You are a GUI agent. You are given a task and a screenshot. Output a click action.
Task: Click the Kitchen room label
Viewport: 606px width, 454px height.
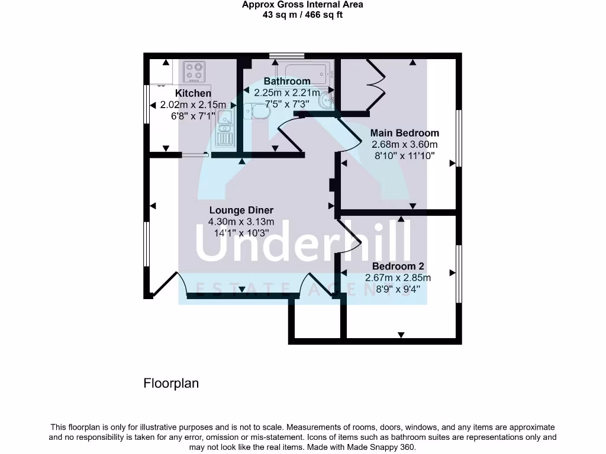[x=193, y=93]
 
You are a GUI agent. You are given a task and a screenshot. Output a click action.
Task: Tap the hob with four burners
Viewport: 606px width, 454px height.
[x=194, y=72]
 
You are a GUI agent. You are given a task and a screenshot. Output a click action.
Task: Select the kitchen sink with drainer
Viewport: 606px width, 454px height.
[x=225, y=131]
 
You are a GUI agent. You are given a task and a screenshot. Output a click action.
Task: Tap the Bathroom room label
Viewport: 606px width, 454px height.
[x=287, y=81]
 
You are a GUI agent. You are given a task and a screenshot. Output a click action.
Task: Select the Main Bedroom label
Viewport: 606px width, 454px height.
[x=404, y=133]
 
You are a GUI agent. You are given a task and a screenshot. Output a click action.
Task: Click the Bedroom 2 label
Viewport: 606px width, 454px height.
[x=398, y=267]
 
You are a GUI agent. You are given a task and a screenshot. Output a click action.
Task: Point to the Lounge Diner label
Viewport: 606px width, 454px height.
[x=241, y=210]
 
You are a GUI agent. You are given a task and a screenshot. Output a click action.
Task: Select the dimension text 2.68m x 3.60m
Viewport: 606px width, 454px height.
[x=404, y=145]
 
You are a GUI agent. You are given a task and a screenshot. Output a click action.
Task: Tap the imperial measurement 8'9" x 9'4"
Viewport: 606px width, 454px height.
[x=398, y=290]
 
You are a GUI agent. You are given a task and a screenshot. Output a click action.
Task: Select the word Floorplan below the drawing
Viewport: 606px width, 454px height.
[x=171, y=383]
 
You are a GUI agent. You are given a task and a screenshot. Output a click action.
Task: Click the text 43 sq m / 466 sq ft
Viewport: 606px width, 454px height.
[x=302, y=15]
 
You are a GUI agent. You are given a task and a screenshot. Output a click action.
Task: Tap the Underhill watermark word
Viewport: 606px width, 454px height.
[x=303, y=244]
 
